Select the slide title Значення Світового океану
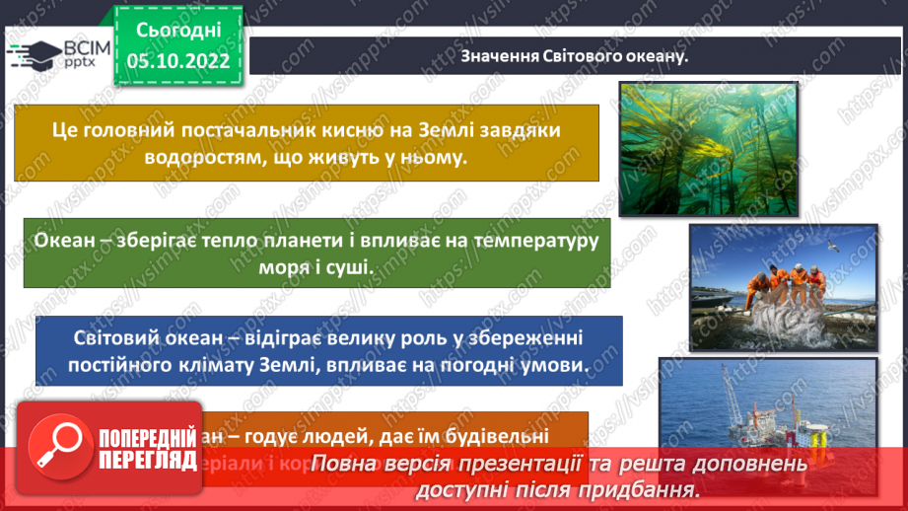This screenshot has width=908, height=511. (x=574, y=55)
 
